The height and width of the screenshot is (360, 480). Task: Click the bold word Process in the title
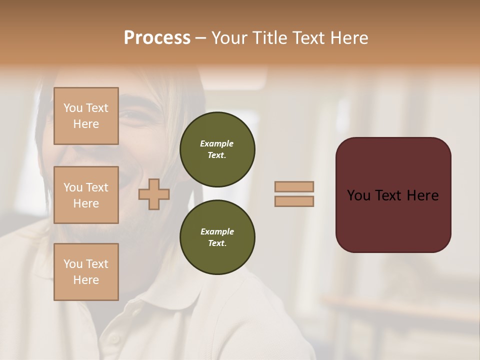pyautogui.click(x=157, y=38)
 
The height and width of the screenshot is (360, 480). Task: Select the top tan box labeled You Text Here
pyautogui.click(x=86, y=116)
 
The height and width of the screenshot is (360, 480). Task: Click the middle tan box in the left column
pyautogui.click(x=86, y=195)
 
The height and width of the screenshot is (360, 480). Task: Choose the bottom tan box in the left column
pyautogui.click(x=86, y=271)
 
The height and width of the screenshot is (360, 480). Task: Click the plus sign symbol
pyautogui.click(x=154, y=194)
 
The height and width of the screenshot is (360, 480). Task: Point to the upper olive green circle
pyautogui.click(x=217, y=149)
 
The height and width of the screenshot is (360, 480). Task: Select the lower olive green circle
pyautogui.click(x=217, y=237)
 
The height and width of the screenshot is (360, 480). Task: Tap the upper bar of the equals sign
pyautogui.click(x=294, y=186)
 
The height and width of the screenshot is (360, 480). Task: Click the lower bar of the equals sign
pyautogui.click(x=294, y=201)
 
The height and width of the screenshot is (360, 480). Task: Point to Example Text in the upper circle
pyautogui.click(x=217, y=149)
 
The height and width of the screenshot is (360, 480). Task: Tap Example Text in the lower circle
pyautogui.click(x=217, y=237)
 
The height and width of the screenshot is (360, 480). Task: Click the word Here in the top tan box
pyautogui.click(x=86, y=124)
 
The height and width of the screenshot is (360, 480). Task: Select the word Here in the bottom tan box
pyautogui.click(x=86, y=280)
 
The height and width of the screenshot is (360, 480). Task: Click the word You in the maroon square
pyautogui.click(x=358, y=195)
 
